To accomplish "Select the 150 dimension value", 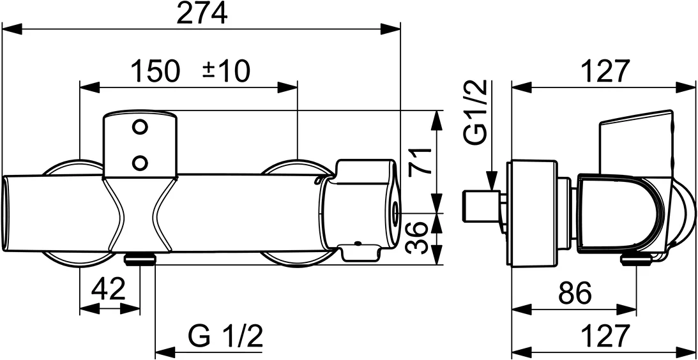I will coord(155,71).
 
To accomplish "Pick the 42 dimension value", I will coord(108,291).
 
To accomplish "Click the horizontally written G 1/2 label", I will coord(226,336).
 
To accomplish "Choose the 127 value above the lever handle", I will coord(604,71).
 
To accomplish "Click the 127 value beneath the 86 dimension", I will coord(604,336).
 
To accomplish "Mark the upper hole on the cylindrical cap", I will coord(139,127).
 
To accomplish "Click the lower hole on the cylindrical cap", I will coord(139,162).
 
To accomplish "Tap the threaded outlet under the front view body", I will coord(140,259).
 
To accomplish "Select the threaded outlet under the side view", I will coord(636,259).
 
